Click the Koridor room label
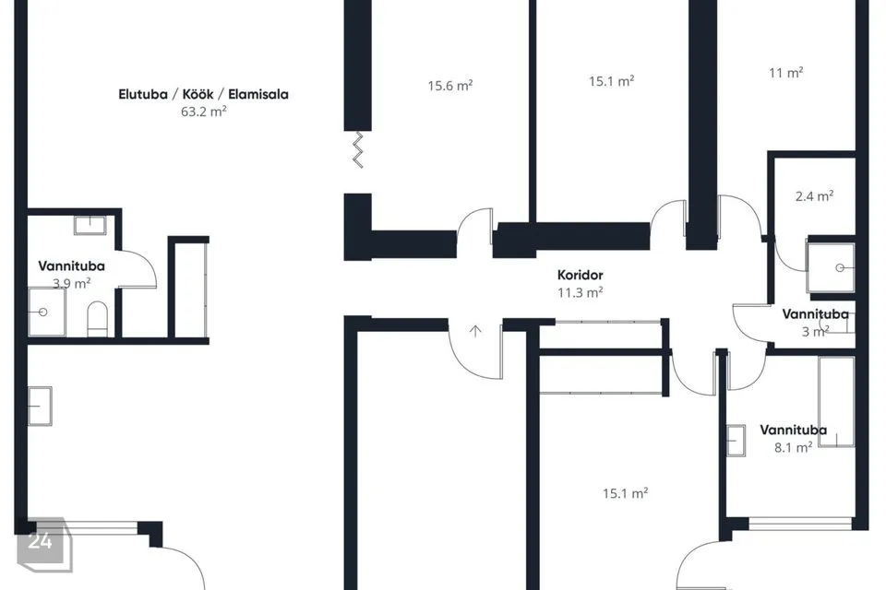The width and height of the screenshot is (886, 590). point(580,275)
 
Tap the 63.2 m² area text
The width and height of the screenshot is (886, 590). point(203,112)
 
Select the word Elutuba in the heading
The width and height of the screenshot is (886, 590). point(143,94)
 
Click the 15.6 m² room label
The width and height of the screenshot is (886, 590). point(449,86)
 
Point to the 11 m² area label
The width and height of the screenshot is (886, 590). point(786,73)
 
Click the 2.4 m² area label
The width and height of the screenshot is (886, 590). point(814,196)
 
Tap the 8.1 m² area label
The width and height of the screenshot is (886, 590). point(794,448)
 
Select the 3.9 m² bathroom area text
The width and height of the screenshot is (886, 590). point(72,283)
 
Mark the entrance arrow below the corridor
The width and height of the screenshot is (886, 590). point(475,331)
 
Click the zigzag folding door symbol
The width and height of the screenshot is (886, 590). point(358,149)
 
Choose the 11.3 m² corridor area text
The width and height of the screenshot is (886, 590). point(580,292)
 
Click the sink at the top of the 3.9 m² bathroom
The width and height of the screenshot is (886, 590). point(90,225)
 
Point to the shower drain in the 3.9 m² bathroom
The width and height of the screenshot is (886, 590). point(43,312)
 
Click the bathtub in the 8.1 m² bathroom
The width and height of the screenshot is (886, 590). point(836,401)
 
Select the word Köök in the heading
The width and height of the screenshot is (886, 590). point(198,94)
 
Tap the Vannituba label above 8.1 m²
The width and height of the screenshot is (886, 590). point(793,431)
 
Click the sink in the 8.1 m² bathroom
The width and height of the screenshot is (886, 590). point(736,440)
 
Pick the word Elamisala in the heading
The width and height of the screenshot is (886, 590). point(258,94)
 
